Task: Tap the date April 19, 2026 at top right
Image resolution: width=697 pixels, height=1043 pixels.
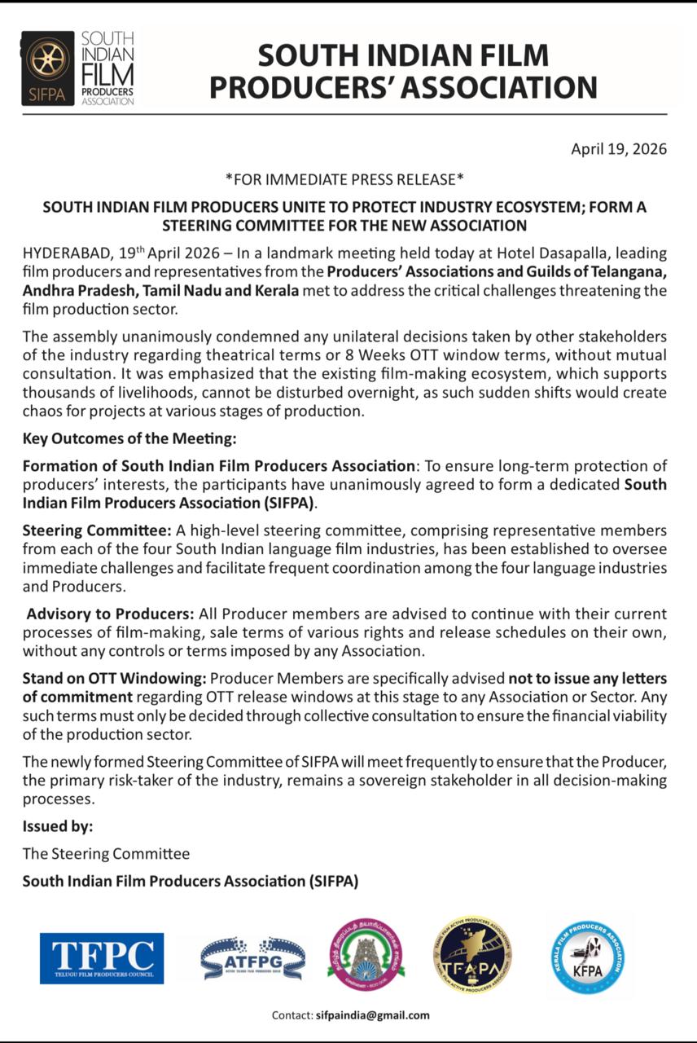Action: (x=619, y=149)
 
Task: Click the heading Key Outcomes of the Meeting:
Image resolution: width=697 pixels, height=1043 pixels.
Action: (x=129, y=439)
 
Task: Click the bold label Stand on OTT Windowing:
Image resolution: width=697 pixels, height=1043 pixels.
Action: (x=115, y=678)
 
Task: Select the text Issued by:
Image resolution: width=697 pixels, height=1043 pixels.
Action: (x=58, y=826)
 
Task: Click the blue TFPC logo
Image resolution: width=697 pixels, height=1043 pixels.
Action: (x=102, y=958)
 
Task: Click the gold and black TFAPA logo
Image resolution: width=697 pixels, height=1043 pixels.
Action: (x=472, y=954)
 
